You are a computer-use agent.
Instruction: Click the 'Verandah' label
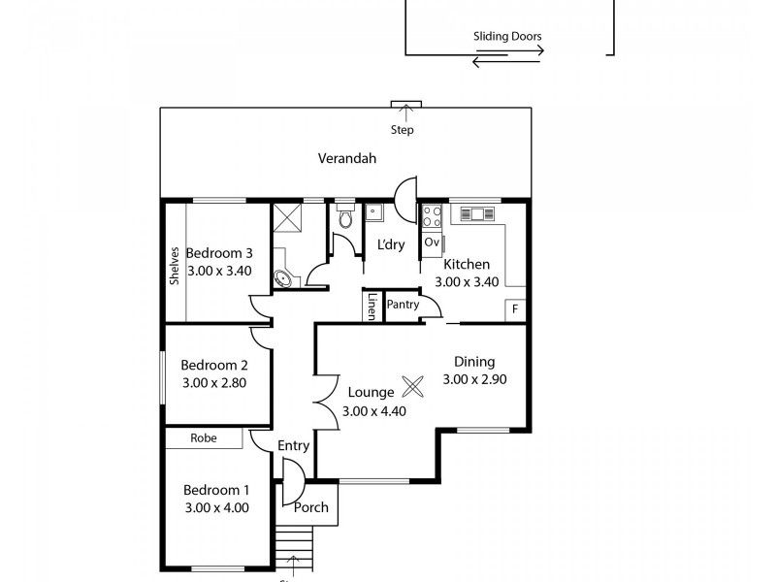(x=346, y=158)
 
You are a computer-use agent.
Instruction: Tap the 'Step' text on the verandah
(x=402, y=130)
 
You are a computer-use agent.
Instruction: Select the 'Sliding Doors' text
(x=507, y=37)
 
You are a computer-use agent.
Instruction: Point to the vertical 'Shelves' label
(x=175, y=264)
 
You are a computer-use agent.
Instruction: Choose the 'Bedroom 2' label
(x=215, y=366)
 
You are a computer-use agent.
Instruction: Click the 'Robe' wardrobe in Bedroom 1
(x=203, y=438)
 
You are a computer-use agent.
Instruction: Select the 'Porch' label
(x=310, y=507)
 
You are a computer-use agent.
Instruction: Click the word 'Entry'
(x=293, y=446)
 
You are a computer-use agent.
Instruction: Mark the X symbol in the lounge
(x=412, y=386)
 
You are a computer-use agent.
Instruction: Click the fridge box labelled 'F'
(x=515, y=309)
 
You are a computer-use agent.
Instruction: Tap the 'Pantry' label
(x=403, y=305)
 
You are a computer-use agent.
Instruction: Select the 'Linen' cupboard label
(x=372, y=307)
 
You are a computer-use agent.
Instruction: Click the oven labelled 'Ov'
(x=432, y=242)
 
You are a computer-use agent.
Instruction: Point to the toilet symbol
(x=345, y=219)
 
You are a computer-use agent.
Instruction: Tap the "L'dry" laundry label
(x=391, y=244)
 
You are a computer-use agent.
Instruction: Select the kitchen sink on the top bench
(x=477, y=213)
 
